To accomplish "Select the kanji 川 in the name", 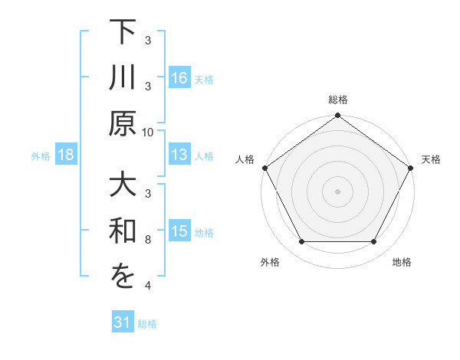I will pyautogui.click(x=123, y=80).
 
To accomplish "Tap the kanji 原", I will pyautogui.click(x=123, y=123).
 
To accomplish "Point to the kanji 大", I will pyautogui.click(x=123, y=188).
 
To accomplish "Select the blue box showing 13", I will pyautogui.click(x=179, y=155).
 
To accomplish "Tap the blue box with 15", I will pyautogui.click(x=179, y=232).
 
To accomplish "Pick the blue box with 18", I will pyautogui.click(x=66, y=155).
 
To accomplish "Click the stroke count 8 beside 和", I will pyautogui.click(x=148, y=241).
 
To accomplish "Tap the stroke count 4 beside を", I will pyautogui.click(x=148, y=286).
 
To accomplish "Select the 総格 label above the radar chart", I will pyautogui.click(x=337, y=100).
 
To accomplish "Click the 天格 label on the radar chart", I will pyautogui.click(x=431, y=159).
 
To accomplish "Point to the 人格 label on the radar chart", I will pyautogui.click(x=245, y=159).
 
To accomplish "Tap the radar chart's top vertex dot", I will pyautogui.click(x=337, y=116).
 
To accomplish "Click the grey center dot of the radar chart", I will pyautogui.click(x=337, y=191).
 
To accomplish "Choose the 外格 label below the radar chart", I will pyautogui.click(x=270, y=262).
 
